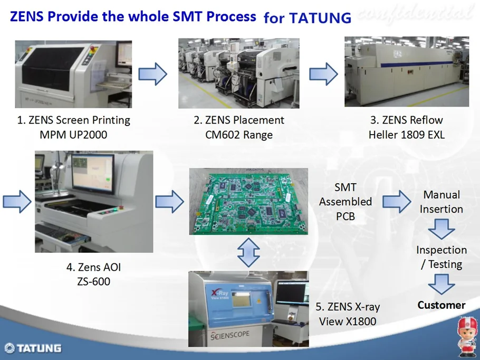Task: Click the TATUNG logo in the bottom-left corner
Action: (x=33, y=348)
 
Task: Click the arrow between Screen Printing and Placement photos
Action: (x=152, y=73)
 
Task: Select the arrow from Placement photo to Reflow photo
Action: (x=323, y=73)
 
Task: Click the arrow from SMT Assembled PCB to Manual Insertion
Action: (x=396, y=201)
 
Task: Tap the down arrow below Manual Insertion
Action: (x=441, y=229)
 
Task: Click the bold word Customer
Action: (x=441, y=305)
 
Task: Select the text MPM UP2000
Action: (x=73, y=135)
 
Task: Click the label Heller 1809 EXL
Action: (x=406, y=135)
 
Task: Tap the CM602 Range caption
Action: (x=239, y=135)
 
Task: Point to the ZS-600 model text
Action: (x=93, y=281)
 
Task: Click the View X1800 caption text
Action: (x=348, y=320)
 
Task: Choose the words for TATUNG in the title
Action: (x=307, y=18)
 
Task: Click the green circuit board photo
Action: (x=248, y=201)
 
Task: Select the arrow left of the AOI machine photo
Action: (x=16, y=203)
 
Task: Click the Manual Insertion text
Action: (x=441, y=202)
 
